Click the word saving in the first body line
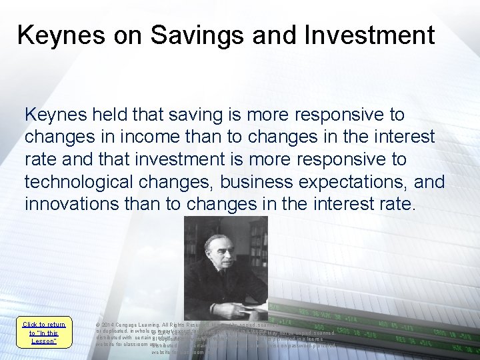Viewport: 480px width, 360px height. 195,115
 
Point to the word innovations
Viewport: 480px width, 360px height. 71,203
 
